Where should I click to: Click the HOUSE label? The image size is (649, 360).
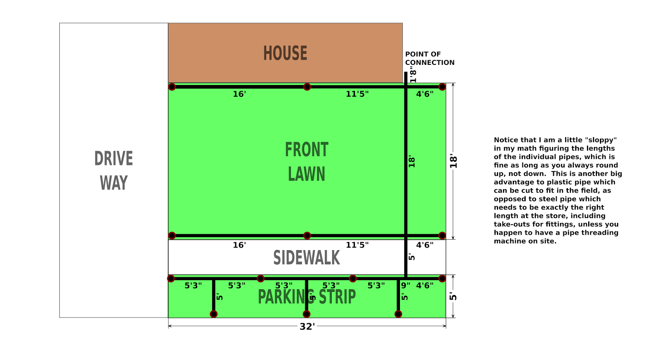tap(285, 53)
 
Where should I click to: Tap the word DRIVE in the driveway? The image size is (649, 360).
tap(114, 159)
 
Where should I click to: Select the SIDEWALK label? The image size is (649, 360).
tap(307, 258)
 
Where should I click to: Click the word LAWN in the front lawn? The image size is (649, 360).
tap(307, 174)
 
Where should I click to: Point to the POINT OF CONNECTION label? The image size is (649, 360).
tap(430, 58)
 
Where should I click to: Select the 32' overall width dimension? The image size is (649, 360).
tap(307, 327)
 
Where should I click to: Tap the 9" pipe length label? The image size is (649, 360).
tap(406, 285)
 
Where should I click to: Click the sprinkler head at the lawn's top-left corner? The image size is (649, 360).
tap(172, 87)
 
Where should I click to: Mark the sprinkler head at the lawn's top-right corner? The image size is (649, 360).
tap(442, 87)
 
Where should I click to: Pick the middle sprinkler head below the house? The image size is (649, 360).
tap(307, 87)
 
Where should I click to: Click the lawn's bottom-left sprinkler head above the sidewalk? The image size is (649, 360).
tap(172, 236)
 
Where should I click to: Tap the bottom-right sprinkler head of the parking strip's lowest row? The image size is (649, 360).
tap(398, 314)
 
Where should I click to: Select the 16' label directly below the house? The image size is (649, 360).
tap(239, 94)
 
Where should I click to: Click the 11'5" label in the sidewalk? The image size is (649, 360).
tap(357, 245)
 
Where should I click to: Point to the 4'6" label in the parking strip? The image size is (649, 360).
tap(425, 285)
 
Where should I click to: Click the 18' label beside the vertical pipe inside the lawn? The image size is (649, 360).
tap(412, 161)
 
